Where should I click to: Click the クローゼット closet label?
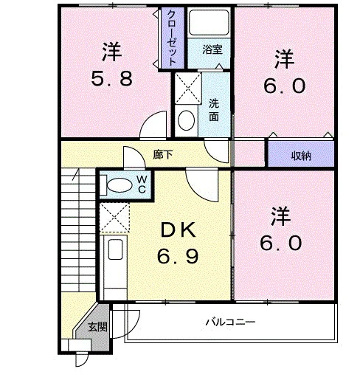(x=172, y=38)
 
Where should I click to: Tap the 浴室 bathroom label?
(x=212, y=49)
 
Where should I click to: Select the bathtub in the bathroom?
(x=209, y=23)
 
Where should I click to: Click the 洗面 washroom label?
(x=214, y=110)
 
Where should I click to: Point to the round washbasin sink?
(x=187, y=120)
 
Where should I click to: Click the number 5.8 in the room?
(x=112, y=79)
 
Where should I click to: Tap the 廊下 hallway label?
(x=163, y=155)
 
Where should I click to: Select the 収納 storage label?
(x=301, y=156)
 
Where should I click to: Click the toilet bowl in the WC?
(x=120, y=185)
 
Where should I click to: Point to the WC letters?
(x=142, y=184)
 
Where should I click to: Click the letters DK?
(x=178, y=230)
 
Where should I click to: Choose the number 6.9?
(x=178, y=256)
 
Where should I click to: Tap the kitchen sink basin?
(x=115, y=249)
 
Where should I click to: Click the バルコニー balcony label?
(x=230, y=322)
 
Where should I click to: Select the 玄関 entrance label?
(x=97, y=327)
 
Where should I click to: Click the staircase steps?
(x=78, y=230)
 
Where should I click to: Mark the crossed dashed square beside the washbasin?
(x=188, y=88)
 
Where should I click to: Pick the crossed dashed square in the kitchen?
(x=114, y=218)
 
